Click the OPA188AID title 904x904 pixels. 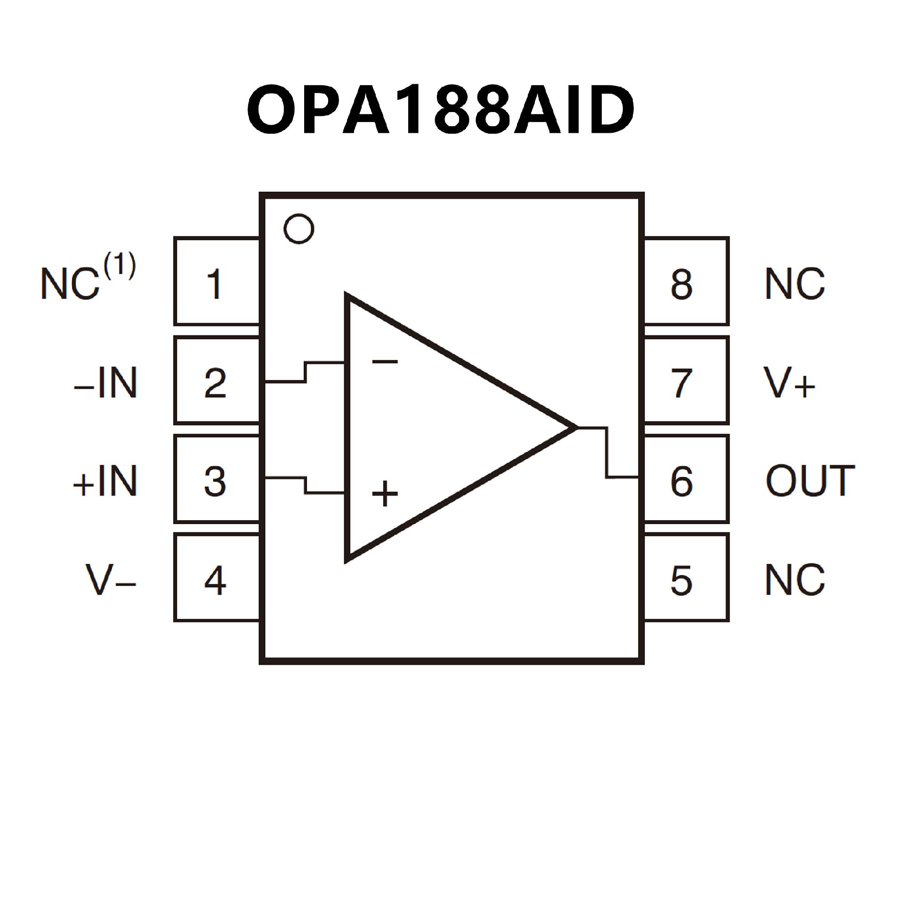tap(441, 110)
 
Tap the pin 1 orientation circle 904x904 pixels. tap(299, 229)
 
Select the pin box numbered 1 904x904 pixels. tap(216, 282)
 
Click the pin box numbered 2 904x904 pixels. tap(216, 380)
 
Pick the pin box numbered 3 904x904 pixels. tap(216, 479)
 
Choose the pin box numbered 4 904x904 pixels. tap(216, 578)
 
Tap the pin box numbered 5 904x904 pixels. tap(686, 578)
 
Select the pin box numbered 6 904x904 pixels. tap(686, 479)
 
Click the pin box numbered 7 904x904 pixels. tap(686, 380)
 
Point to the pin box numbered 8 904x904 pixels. tap(686, 282)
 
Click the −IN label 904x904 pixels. tap(105, 383)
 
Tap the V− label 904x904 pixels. tap(111, 580)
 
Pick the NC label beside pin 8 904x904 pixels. tap(795, 284)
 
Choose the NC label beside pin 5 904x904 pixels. tap(795, 580)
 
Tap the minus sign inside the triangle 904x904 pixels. tap(385, 362)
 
